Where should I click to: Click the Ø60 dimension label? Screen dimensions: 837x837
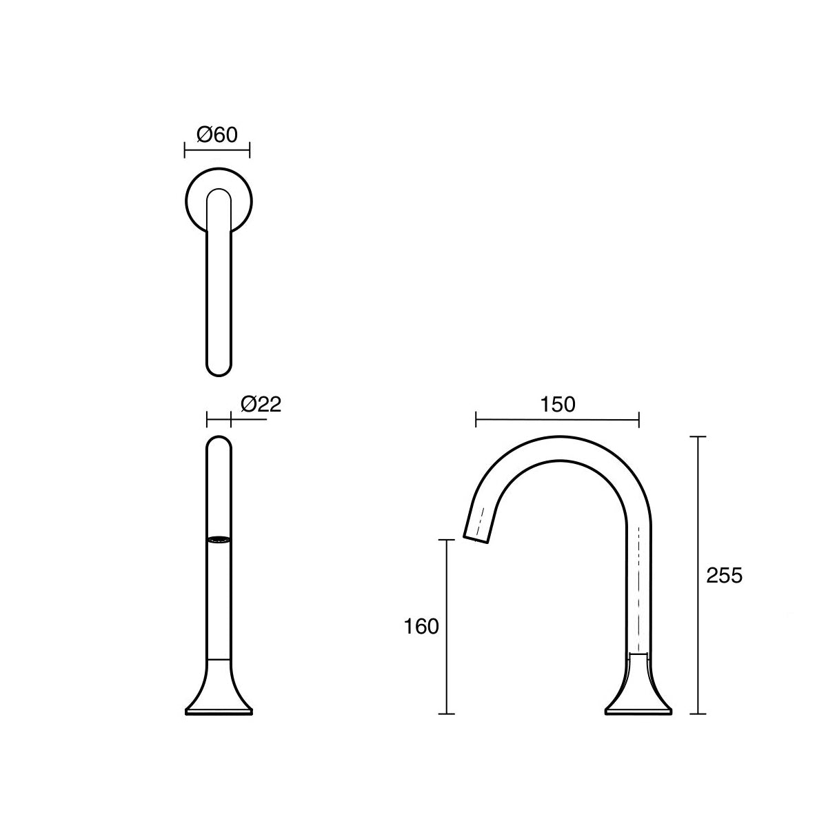pos(217,134)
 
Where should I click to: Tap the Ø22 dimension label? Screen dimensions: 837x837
pos(261,404)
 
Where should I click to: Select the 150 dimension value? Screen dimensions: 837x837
pos(558,405)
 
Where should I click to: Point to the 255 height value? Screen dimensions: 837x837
pos(725,575)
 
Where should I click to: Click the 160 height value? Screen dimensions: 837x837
pos(421,627)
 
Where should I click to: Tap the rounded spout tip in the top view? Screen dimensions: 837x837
pos(219,369)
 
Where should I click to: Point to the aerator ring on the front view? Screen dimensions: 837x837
pos(219,539)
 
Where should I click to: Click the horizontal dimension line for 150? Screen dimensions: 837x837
pos(558,419)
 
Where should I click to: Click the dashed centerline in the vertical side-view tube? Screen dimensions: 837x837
pos(639,586)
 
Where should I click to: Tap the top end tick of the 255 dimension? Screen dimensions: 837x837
pos(698,437)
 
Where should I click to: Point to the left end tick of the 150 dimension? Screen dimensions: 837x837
pos(476,419)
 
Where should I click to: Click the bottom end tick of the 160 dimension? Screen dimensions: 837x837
pos(448,714)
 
